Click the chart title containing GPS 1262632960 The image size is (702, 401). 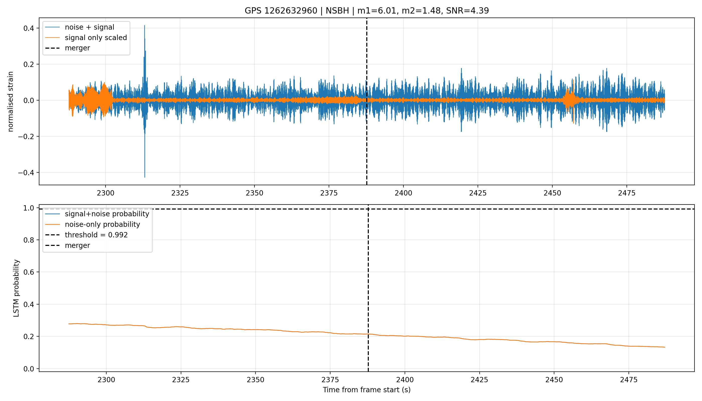367,11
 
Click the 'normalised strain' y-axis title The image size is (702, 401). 11,101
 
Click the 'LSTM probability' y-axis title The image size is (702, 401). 16,288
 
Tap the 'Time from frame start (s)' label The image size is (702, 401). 367,390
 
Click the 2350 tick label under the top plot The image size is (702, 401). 254,193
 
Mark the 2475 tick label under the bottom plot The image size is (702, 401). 629,380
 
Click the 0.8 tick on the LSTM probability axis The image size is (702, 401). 29,240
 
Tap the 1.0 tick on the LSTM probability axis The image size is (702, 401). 29,208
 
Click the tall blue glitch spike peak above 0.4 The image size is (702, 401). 144,26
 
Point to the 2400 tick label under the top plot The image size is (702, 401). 403,193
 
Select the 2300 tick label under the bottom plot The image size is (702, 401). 106,380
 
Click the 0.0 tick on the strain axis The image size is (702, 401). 29,101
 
